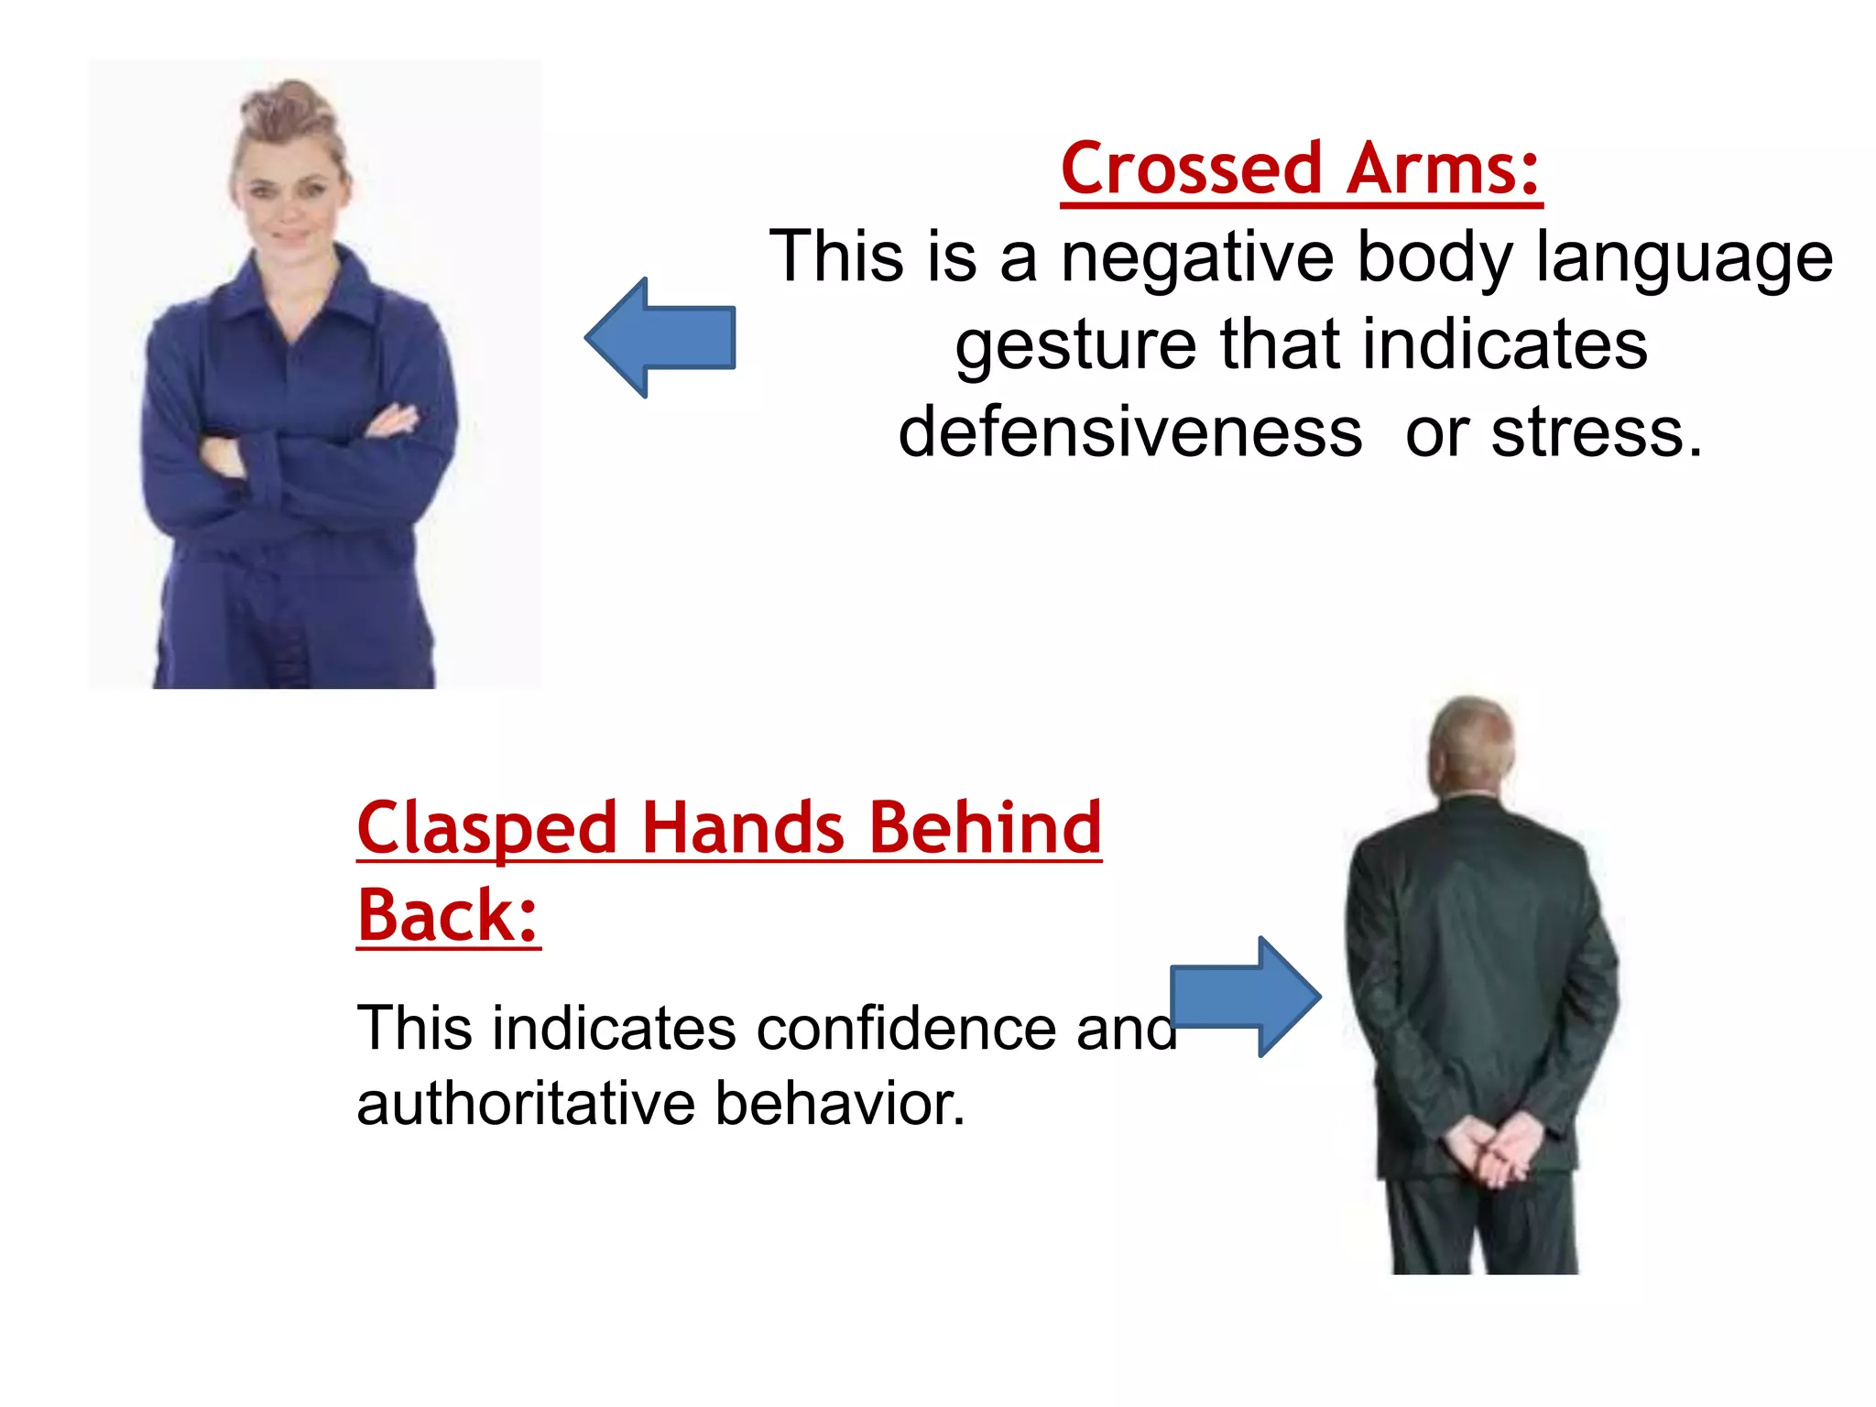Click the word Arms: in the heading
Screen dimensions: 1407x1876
pos(1444,170)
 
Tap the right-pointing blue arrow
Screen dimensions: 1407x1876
pos(1245,998)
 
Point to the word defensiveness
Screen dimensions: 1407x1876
pos(1129,432)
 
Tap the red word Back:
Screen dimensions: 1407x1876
pos(447,916)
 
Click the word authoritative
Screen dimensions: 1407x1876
pos(526,1104)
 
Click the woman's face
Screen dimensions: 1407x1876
pos(288,197)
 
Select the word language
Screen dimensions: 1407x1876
pos(1684,260)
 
